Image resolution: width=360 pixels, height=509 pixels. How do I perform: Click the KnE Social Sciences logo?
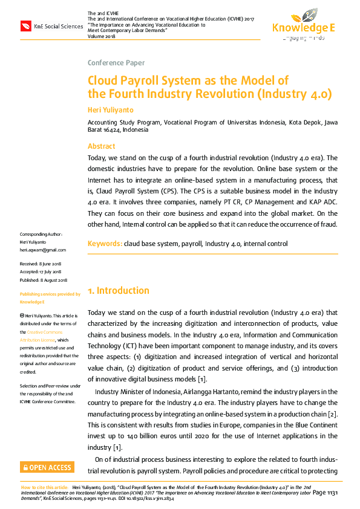tap(51, 25)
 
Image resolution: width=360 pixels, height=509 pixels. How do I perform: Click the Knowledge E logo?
tap(303, 24)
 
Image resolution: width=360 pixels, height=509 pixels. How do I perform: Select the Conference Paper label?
tap(116, 63)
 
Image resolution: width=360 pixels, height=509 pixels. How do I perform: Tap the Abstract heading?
tap(101, 146)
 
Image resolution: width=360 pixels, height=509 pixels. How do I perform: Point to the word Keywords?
tap(105, 244)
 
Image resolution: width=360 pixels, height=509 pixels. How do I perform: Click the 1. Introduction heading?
tap(119, 291)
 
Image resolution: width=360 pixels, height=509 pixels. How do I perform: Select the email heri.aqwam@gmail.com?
tap(43, 250)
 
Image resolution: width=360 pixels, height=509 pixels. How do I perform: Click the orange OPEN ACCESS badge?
tap(47, 467)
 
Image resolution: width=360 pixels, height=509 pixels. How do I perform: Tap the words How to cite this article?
tap(45, 486)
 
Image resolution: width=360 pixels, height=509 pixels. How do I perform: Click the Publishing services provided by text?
tap(50, 294)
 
